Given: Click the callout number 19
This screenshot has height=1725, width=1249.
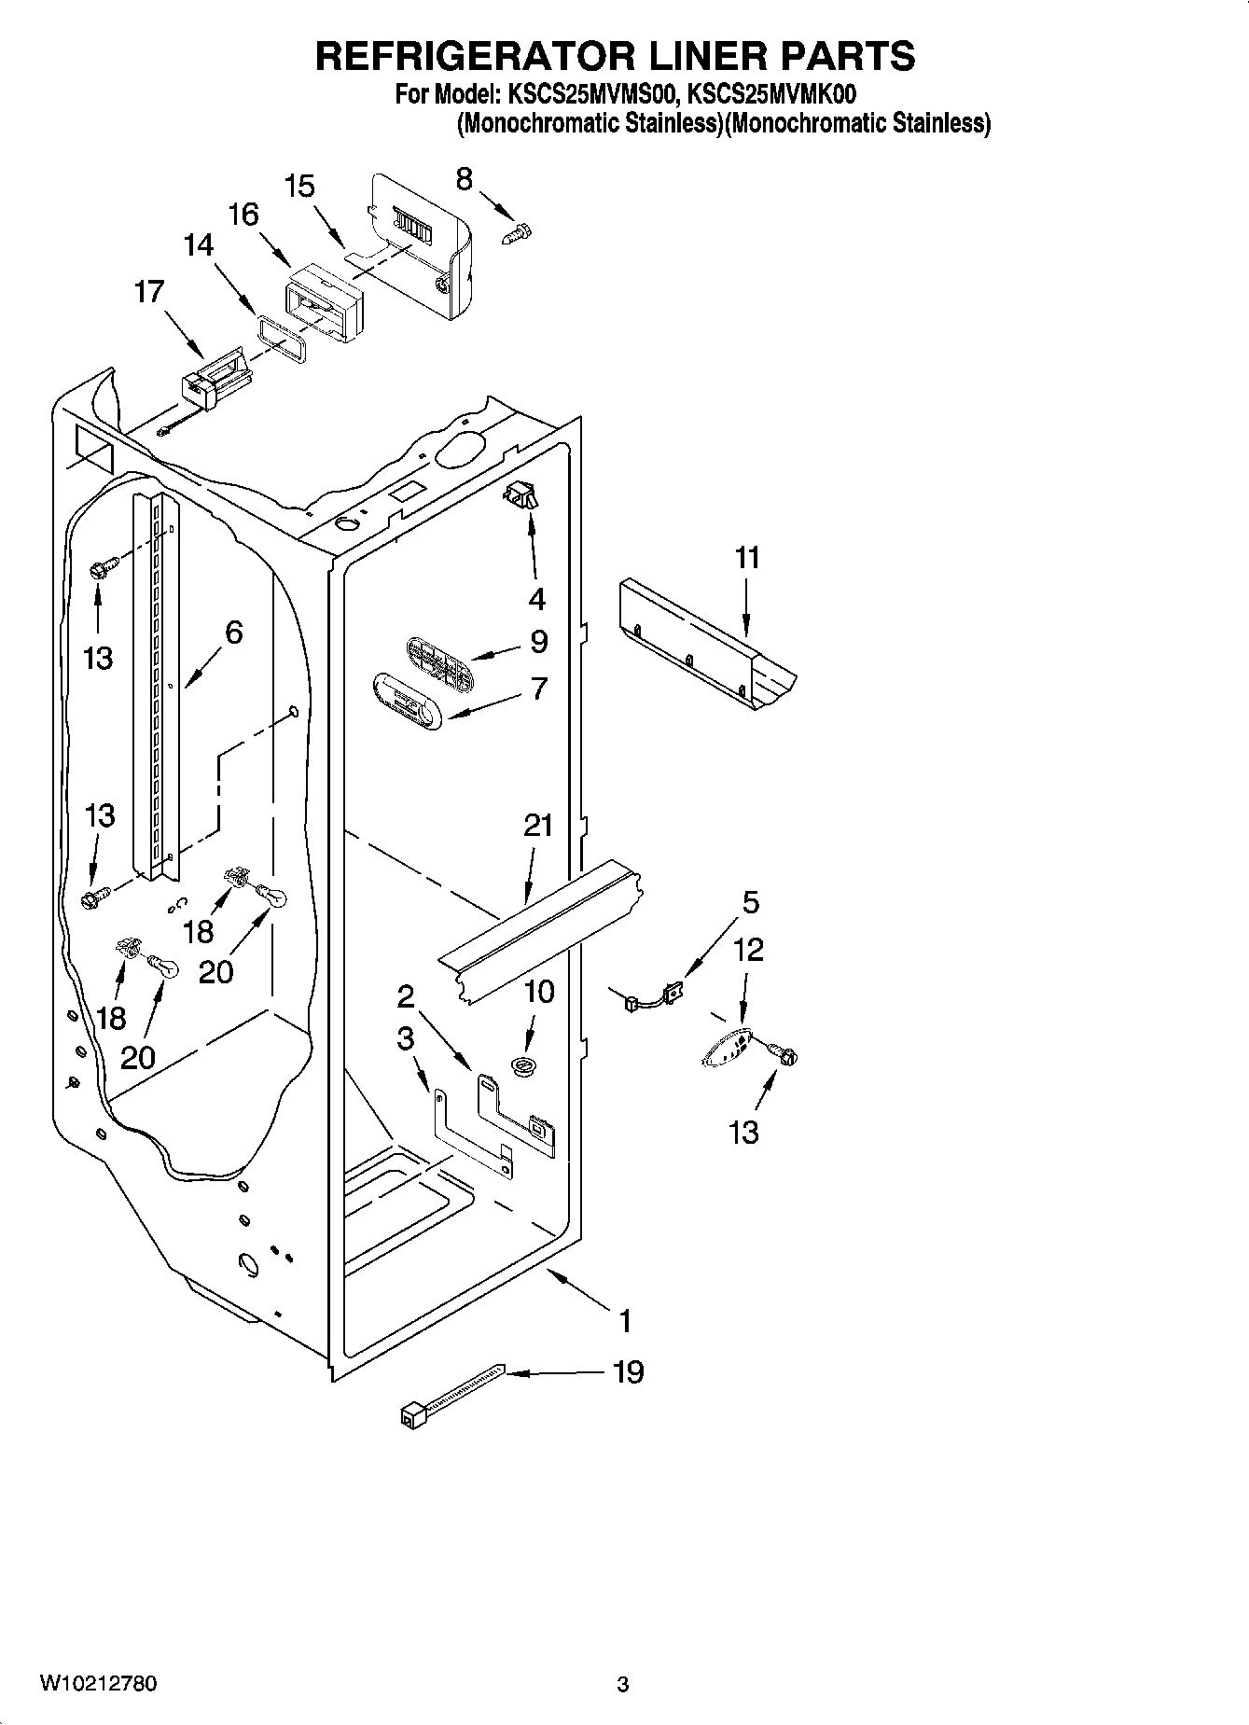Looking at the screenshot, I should point(629,1372).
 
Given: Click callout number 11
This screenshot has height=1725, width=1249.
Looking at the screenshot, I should point(746,558).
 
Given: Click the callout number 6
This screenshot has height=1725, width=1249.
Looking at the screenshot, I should point(232,633).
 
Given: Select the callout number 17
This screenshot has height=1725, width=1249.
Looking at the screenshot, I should point(149,291).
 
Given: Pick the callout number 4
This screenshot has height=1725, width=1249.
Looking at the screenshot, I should point(536,598).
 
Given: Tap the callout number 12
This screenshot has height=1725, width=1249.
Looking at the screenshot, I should point(748,950).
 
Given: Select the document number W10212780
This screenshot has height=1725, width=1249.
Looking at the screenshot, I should point(98,1684).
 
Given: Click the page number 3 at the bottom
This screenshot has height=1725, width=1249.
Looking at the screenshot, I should point(623,1685).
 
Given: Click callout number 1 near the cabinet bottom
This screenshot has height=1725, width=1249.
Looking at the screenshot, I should point(625,1321).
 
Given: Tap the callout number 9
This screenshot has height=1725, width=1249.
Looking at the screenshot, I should point(538,642).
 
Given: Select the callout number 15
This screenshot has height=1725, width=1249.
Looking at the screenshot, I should point(299,186).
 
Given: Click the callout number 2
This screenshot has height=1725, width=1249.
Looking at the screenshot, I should point(405,996).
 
